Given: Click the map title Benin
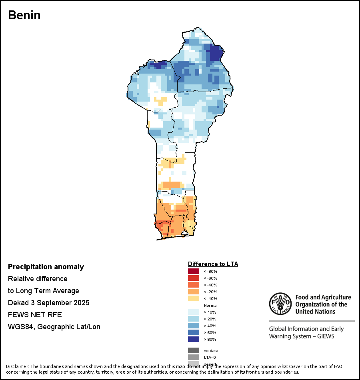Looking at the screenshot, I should click(24, 15).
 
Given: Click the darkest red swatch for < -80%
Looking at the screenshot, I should click(193, 271).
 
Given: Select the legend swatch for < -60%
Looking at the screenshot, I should click(193, 278).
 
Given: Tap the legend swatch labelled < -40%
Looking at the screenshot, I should click(193, 285).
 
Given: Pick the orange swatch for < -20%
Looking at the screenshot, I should click(193, 292).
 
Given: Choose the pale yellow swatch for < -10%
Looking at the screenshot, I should click(193, 298).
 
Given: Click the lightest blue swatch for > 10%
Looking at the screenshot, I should click(193, 312).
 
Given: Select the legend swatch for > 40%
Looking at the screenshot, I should click(193, 326).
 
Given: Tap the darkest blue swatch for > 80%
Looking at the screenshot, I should click(193, 339).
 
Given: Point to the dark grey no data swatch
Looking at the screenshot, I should click(193, 350).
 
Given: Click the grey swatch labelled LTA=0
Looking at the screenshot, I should click(193, 357).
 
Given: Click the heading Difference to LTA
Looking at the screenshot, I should click(213, 264).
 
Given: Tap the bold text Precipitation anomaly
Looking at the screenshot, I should click(46, 267).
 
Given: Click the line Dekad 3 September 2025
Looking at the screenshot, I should click(48, 303).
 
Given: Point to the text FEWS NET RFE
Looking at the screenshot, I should click(35, 315).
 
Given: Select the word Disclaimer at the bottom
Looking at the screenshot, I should click(17, 366).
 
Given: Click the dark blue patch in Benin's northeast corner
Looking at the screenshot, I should click(216, 53).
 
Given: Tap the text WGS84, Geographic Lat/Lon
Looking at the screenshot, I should click(54, 327).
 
